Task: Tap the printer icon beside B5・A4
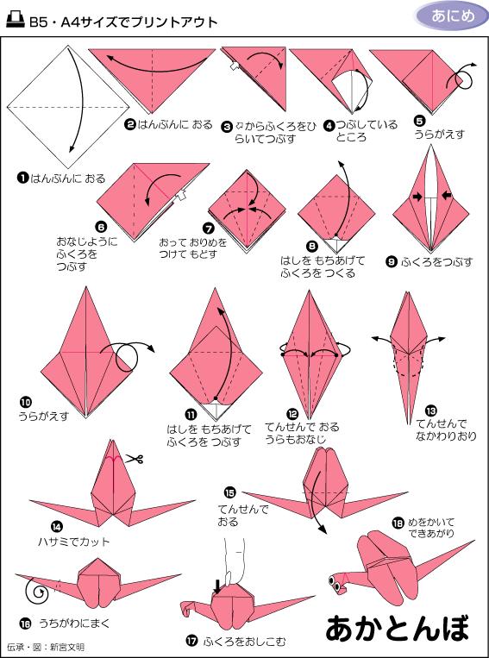pyautogui.click(x=14, y=21)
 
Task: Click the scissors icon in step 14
pyautogui.click(x=132, y=459)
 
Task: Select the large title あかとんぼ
pyautogui.click(x=400, y=629)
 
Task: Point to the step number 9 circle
pyautogui.click(x=392, y=261)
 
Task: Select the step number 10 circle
pyautogui.click(x=25, y=401)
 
